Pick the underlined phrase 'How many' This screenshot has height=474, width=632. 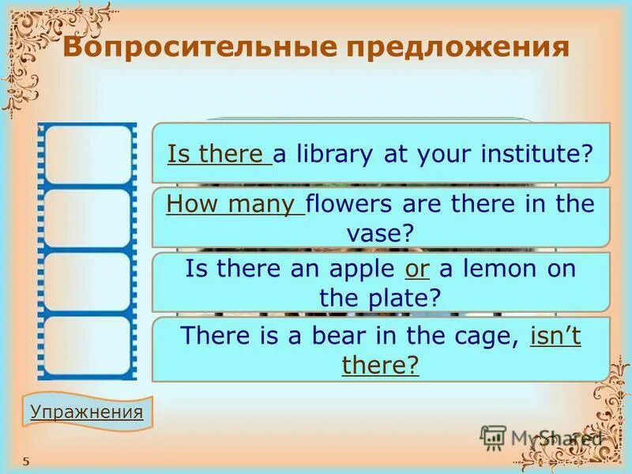235,205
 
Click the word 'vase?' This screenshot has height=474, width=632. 380,233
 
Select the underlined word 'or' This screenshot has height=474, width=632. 416,269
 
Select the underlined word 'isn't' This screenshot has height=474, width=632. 555,336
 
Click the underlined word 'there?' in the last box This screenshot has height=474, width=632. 380,365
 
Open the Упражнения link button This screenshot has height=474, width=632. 86,412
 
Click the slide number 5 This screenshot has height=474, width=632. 26,461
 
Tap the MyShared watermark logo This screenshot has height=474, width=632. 542,437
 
